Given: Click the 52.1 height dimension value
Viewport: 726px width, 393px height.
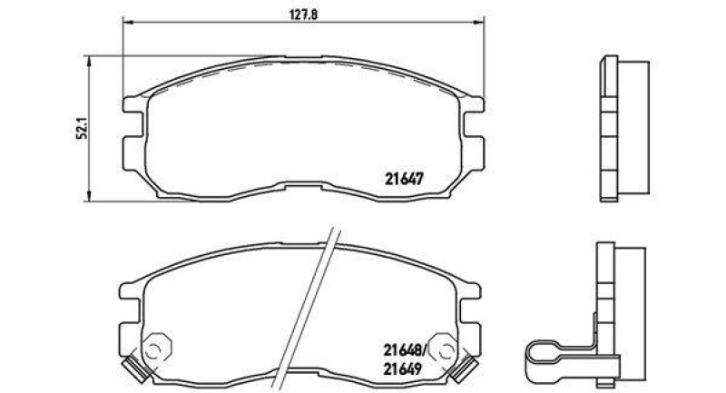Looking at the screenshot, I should click(81, 129).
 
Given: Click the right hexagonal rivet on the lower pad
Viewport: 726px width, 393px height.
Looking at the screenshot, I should click(445, 348).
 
